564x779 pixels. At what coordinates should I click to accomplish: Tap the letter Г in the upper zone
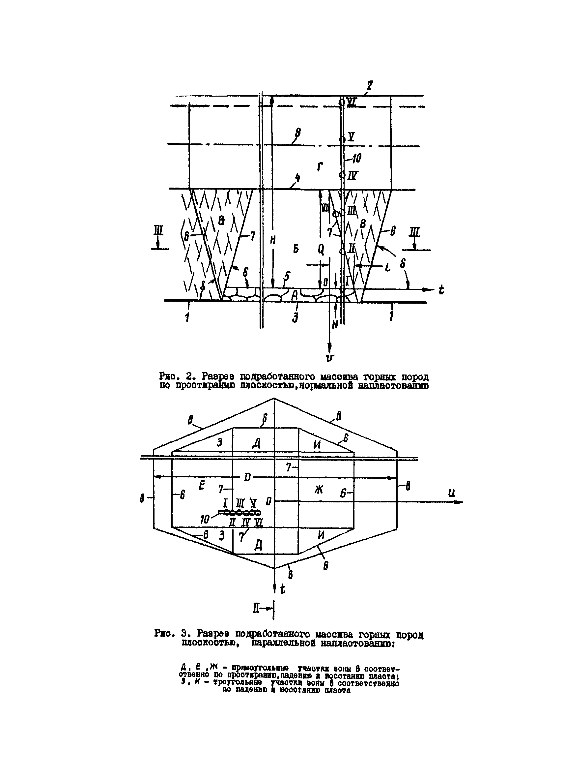point(320,167)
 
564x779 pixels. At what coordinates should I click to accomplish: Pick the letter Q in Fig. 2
point(321,250)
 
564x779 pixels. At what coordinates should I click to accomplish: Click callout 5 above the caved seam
point(287,276)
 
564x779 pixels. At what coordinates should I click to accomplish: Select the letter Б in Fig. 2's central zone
point(296,249)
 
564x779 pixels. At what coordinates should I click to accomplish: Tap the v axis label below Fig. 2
point(330,358)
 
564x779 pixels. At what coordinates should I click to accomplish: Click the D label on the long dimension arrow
point(247,477)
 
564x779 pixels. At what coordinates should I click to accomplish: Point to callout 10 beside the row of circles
point(205,519)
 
